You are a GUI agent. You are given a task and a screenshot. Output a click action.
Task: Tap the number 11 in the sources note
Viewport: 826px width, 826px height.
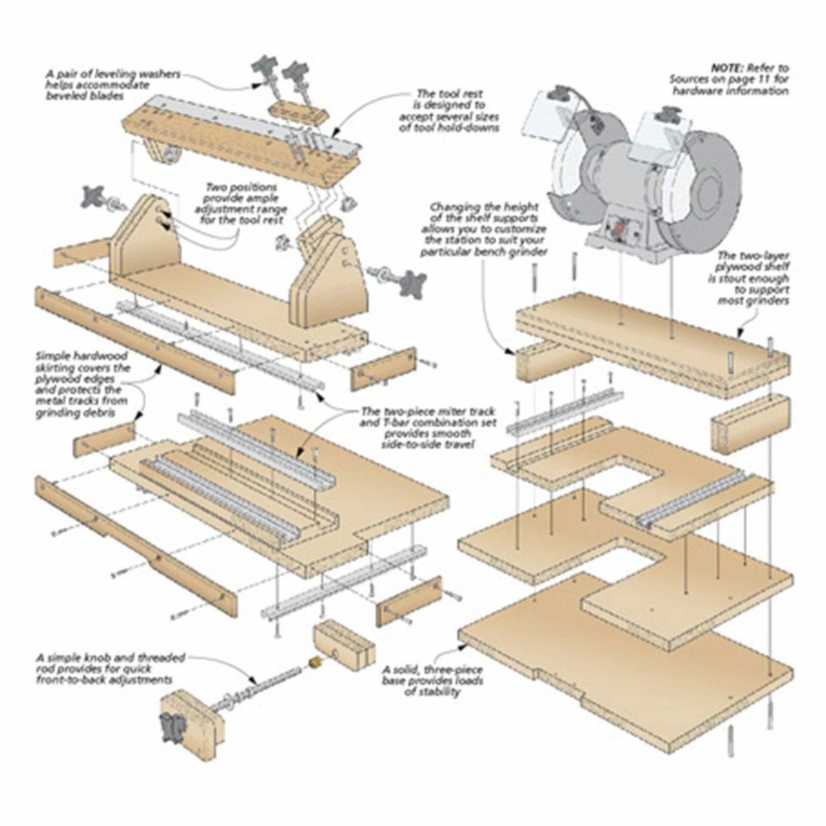point(756,79)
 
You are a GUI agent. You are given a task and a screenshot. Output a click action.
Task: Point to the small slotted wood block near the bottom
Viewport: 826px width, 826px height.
point(344,647)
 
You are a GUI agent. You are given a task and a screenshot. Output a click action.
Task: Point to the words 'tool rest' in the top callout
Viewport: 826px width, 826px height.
point(460,94)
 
